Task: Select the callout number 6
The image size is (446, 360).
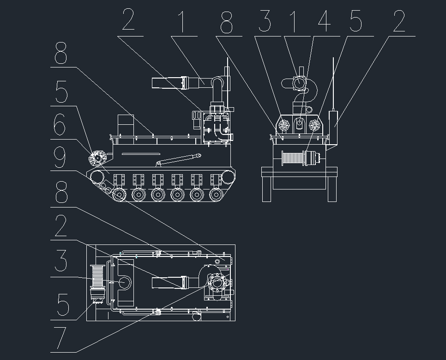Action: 61,124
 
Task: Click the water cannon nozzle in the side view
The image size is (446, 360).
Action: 169,83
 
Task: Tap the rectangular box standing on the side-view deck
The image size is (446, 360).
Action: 125,124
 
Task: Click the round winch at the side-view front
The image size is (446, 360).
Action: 98,159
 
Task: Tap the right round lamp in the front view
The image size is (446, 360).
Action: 315,125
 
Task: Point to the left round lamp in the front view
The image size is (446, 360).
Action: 284,125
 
